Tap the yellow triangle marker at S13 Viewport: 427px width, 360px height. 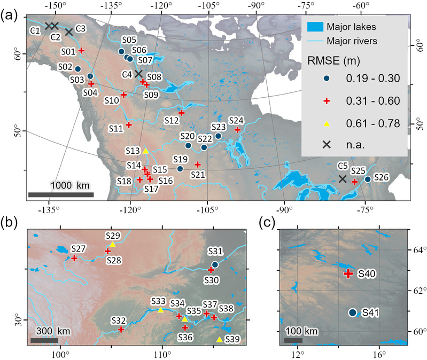tap(145, 151)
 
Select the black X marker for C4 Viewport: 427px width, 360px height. tap(138, 74)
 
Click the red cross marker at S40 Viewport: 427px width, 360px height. tap(348, 273)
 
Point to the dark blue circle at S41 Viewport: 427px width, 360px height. tap(353, 312)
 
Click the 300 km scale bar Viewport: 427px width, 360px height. tap(44, 340)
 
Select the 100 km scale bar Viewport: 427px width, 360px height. tap(293, 340)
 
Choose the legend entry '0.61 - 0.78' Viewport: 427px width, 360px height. tap(372, 123)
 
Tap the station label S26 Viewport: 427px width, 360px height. tap(383, 177)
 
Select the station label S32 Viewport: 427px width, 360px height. tap(119, 320)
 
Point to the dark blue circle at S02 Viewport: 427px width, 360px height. tap(77, 69)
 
